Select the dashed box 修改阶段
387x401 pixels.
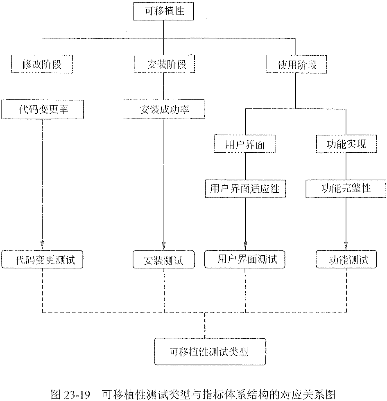(x=42, y=64)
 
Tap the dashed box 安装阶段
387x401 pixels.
(x=164, y=64)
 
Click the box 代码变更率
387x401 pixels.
(x=42, y=110)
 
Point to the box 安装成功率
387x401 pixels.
(x=164, y=110)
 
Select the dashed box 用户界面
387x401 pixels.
(x=245, y=144)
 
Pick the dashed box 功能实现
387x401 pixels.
(x=347, y=144)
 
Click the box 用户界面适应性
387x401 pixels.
(x=245, y=189)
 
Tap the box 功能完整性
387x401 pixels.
(x=346, y=189)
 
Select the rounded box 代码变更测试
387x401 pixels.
(x=42, y=259)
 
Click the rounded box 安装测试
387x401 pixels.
(x=164, y=259)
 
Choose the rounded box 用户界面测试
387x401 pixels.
(x=245, y=259)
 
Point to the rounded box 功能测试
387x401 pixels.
(x=347, y=259)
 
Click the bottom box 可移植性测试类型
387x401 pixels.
(x=209, y=351)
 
